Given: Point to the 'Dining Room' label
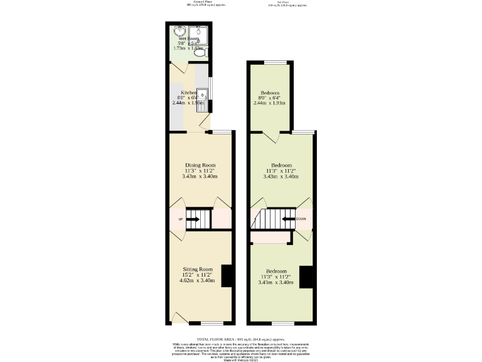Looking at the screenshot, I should pos(200,165).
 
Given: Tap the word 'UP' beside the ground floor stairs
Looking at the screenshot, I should pos(181,219).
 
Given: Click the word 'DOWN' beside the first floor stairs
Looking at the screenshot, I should pos(301,219).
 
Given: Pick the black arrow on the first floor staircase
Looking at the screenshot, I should pos(287,219).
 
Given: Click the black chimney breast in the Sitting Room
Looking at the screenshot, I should pos(228,275).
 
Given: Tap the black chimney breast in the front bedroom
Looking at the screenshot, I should pos(306,277).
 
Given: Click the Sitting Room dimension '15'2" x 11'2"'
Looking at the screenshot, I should pos(198,275).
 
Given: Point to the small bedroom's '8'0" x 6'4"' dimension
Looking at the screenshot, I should pos(270,98).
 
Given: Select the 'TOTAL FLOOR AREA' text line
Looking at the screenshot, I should pos(240,339).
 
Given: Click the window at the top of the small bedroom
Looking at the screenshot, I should pos(274,62).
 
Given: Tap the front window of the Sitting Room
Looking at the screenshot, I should pos(210,323).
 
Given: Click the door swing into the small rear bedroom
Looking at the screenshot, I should pos(270,136).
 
